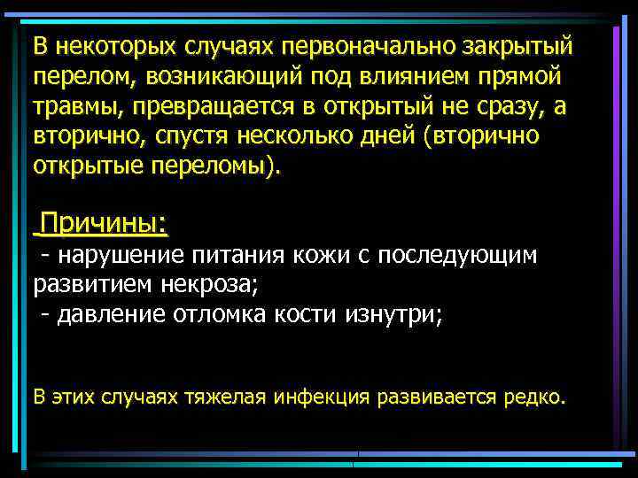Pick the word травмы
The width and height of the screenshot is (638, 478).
coord(70,108)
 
